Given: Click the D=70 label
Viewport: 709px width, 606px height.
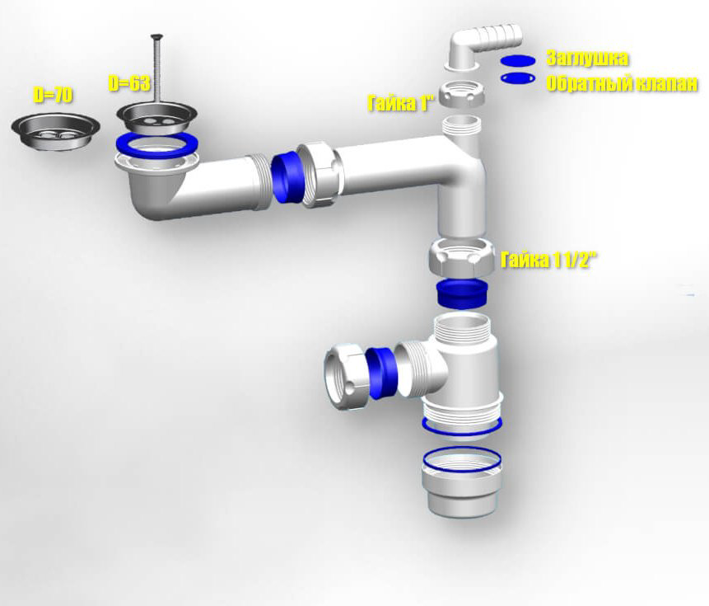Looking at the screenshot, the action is (53, 95).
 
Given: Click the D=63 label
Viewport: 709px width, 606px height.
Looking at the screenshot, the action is (128, 83).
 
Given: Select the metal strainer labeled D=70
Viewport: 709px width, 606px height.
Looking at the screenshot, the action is (56, 131).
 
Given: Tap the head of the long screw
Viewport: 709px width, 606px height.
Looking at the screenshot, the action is (157, 36).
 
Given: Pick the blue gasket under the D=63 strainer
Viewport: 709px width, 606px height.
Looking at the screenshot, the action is (156, 145).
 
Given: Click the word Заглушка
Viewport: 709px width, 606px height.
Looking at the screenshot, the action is (587, 59).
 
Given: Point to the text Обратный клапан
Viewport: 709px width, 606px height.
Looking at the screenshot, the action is (622, 84).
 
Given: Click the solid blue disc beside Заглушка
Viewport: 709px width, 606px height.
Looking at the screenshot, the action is (518, 61).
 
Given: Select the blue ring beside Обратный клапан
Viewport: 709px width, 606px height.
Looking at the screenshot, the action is (518, 78).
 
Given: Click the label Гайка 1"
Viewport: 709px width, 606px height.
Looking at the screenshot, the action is (401, 103).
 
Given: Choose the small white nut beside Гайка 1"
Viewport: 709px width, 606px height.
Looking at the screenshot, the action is (462, 95).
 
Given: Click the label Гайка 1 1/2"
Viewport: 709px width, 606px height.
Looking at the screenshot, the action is (549, 261).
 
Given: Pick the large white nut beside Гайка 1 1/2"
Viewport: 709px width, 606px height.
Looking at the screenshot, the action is (461, 257).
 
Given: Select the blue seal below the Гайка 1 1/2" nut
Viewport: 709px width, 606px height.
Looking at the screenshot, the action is (461, 294).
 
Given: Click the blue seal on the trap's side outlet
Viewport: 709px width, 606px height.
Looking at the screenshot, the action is (381, 373).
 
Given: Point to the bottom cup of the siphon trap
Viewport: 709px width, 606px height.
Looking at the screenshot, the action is (461, 482).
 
